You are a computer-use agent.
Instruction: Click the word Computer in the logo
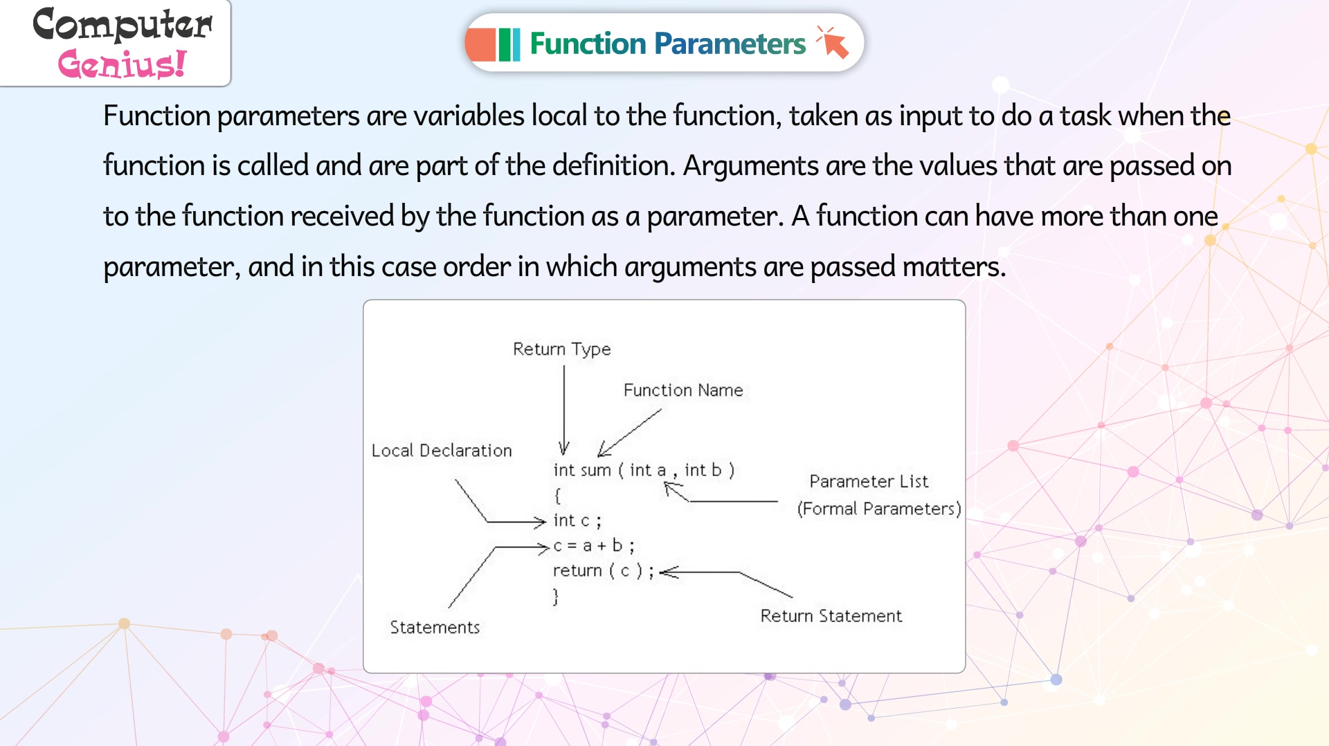123,24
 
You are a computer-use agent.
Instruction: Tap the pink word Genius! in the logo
122,64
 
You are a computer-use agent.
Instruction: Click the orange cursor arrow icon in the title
833,43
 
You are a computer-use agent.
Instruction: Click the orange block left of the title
481,44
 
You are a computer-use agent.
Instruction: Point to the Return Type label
561,349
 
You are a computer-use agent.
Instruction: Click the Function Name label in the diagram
683,390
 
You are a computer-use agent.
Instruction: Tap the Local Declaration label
442,451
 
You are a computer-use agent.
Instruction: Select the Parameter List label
869,481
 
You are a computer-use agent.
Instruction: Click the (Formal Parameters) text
879,509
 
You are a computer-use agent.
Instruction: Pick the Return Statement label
831,616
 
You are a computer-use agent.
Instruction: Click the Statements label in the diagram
435,627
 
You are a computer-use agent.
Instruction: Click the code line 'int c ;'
577,520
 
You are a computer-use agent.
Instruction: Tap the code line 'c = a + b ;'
594,546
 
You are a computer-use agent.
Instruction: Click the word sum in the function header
596,471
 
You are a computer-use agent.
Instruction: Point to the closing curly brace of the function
556,596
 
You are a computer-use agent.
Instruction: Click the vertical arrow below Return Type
564,410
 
